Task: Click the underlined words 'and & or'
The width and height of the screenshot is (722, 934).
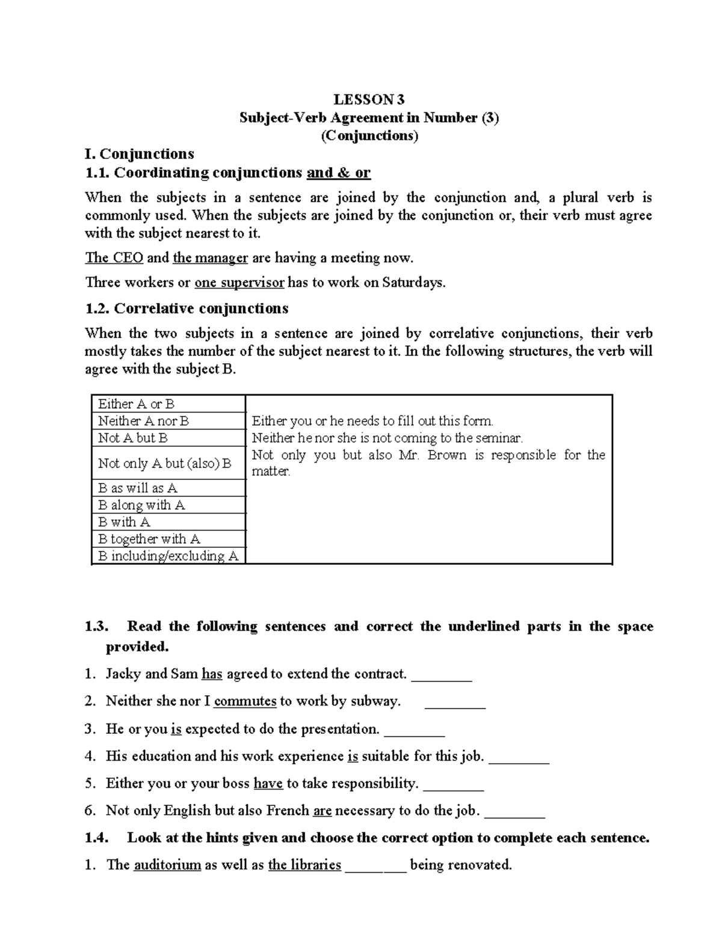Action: click(x=338, y=173)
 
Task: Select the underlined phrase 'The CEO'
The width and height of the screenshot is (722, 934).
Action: click(x=114, y=258)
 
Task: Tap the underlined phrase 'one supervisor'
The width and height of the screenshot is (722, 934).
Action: click(x=239, y=283)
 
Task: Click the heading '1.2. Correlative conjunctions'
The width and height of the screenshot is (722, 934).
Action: click(x=187, y=309)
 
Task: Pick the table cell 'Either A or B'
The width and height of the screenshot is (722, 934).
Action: click(x=136, y=404)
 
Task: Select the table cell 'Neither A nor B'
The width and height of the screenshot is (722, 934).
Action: click(x=143, y=421)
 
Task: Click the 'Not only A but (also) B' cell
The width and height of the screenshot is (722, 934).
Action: click(x=164, y=463)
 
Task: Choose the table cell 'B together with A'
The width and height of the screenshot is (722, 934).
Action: click(x=149, y=539)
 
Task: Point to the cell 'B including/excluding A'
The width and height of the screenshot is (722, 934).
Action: click(x=168, y=556)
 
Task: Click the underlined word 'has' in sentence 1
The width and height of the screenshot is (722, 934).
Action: click(x=212, y=674)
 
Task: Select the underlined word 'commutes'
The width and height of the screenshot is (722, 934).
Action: click(x=245, y=701)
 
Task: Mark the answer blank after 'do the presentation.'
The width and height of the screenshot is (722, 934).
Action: click(x=414, y=730)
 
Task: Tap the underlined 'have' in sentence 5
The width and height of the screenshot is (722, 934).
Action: click(x=268, y=784)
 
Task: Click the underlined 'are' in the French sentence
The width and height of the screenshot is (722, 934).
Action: click(x=322, y=811)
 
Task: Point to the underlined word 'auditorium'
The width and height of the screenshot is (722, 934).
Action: click(x=167, y=865)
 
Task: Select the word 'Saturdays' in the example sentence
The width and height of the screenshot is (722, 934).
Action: click(x=413, y=283)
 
